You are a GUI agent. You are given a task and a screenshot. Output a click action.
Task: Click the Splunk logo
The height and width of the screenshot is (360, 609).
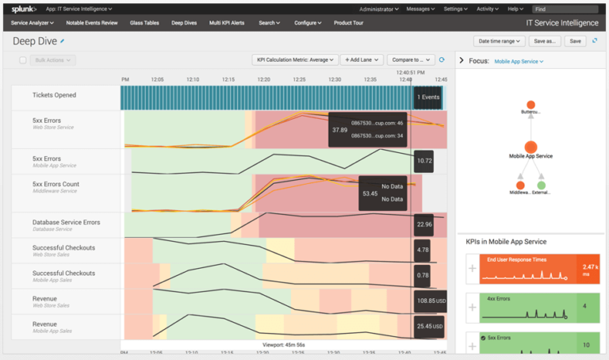pyautogui.click(x=24, y=9)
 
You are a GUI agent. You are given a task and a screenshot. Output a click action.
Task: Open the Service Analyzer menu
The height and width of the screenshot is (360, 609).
pyautogui.click(x=33, y=23)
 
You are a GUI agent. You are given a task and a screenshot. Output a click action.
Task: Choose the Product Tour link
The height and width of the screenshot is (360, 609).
pyautogui.click(x=350, y=23)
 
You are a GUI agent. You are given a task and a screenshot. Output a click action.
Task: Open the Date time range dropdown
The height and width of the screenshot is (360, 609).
pyautogui.click(x=500, y=40)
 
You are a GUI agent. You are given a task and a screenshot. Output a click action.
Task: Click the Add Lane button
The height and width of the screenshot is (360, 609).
pyautogui.click(x=363, y=60)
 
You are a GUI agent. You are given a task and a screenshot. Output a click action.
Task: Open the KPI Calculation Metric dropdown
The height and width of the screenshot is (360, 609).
pyautogui.click(x=295, y=60)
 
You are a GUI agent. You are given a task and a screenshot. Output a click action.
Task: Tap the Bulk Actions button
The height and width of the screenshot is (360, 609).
pyautogui.click(x=54, y=60)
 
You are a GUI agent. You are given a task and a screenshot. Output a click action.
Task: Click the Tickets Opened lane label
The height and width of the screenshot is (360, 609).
pyautogui.click(x=55, y=95)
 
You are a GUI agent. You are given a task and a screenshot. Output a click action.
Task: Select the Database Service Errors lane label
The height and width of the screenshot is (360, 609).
pyautogui.click(x=66, y=223)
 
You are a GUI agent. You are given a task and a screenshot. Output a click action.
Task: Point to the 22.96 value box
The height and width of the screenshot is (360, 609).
pyautogui.click(x=423, y=224)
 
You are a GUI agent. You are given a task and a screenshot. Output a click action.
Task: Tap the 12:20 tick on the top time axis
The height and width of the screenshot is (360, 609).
pyautogui.click(x=263, y=79)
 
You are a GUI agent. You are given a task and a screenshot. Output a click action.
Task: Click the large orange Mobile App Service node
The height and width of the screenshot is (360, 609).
pyautogui.click(x=531, y=147)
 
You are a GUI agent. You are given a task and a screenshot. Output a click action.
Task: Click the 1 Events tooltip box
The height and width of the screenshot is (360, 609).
pyautogui.click(x=427, y=97)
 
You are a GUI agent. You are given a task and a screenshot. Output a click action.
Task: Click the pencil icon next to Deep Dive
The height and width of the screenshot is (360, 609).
pyautogui.click(x=63, y=40)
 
